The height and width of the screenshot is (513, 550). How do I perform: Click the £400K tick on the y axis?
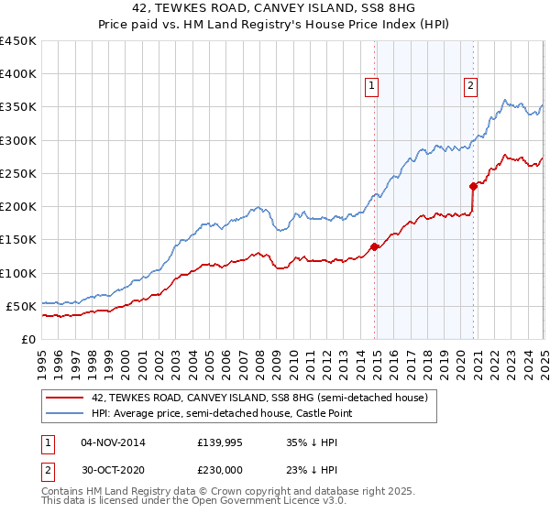(18, 74)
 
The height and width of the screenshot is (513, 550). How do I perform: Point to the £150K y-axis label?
(18, 240)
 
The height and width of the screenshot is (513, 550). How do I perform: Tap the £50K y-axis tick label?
(22, 306)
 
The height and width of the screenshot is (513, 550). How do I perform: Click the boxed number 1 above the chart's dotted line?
(372, 87)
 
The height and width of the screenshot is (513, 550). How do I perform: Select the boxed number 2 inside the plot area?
(470, 87)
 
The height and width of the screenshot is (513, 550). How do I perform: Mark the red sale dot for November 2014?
(374, 246)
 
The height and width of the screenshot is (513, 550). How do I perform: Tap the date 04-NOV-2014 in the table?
(113, 442)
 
